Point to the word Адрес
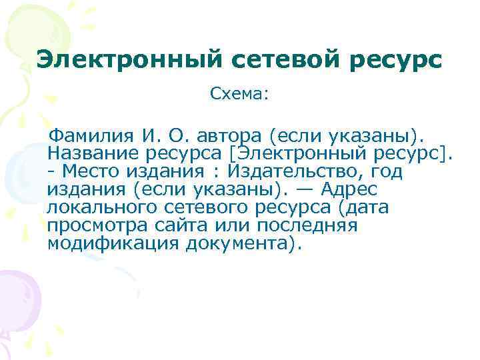[349, 190]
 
